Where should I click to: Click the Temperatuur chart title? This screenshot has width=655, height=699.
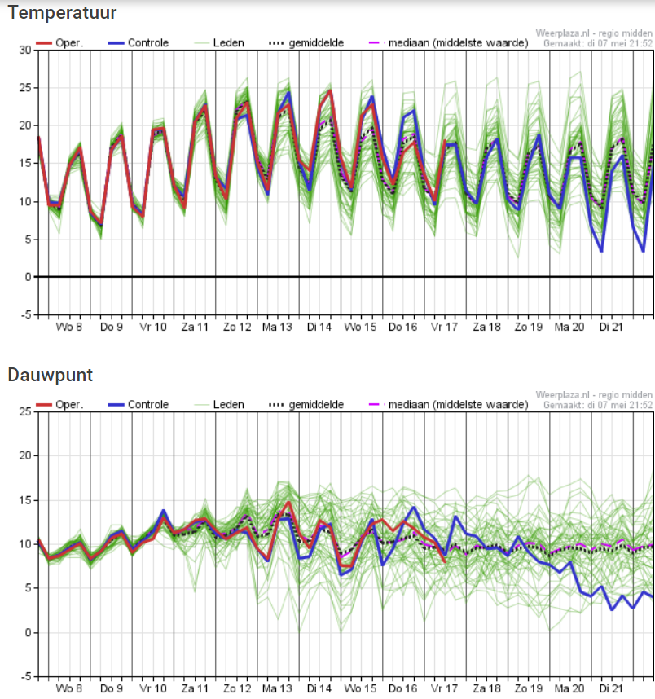(62, 12)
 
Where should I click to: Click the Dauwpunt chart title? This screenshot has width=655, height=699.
(51, 375)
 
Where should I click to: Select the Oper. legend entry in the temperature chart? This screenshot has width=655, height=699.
(59, 43)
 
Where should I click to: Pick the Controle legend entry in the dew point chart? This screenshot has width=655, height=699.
(138, 404)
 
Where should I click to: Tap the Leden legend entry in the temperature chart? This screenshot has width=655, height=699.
(219, 43)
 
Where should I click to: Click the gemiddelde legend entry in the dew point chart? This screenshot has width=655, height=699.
(306, 404)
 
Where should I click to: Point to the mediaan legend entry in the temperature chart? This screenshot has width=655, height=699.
(449, 43)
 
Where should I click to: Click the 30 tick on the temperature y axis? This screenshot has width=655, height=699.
(25, 50)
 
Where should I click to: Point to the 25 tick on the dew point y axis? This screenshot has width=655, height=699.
(25, 411)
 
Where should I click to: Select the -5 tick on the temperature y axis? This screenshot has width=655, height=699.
(26, 314)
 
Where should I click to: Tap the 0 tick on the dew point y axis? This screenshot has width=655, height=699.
(29, 632)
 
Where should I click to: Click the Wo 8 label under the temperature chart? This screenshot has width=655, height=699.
(69, 327)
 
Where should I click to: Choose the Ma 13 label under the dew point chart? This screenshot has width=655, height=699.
(277, 688)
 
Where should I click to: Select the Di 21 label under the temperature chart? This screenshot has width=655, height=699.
(611, 327)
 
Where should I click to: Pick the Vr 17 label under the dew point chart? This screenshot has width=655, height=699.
(444, 688)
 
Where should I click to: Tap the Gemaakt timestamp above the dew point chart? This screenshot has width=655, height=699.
(597, 405)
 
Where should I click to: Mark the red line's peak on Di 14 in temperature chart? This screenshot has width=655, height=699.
(331, 90)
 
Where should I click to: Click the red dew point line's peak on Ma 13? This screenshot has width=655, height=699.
(288, 503)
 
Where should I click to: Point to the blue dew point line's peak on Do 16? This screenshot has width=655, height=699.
(414, 507)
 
